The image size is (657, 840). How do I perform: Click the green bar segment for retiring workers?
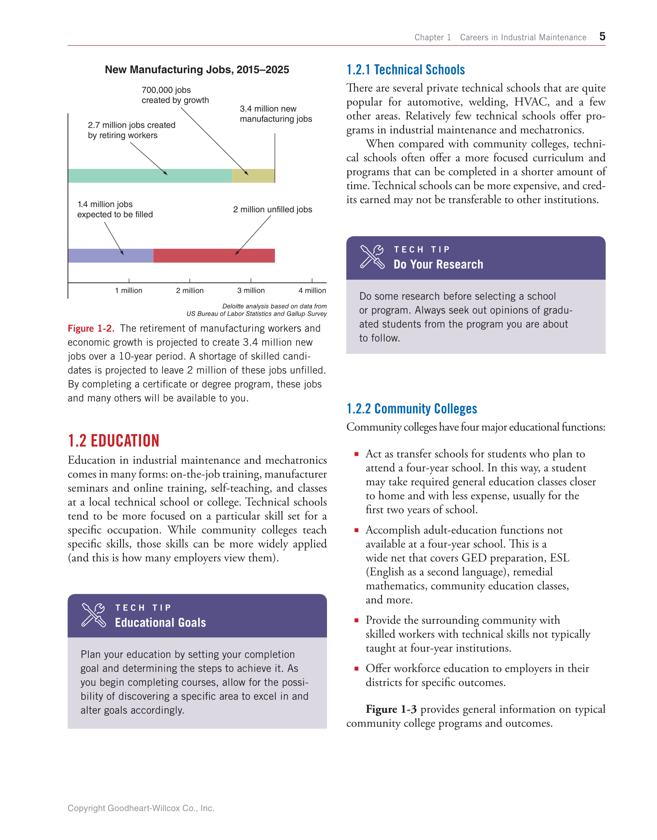click(150, 176)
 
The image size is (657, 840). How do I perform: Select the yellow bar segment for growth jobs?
click(253, 176)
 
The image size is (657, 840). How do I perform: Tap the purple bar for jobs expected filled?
click(110, 256)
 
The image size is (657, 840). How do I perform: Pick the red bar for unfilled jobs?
click(214, 256)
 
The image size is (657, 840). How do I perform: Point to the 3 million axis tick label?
click(251, 291)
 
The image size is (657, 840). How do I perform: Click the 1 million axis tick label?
click(129, 291)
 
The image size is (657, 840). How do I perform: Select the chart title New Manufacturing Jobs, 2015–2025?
click(197, 70)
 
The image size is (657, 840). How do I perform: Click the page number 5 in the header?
click(602, 36)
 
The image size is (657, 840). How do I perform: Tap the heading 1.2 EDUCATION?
click(113, 441)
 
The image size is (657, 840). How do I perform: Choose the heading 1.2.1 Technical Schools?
click(406, 70)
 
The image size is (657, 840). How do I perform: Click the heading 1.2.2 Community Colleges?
click(411, 409)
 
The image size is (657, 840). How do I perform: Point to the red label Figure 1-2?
click(91, 329)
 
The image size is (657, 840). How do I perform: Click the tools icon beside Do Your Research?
click(372, 256)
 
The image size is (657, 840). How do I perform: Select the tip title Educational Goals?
click(161, 623)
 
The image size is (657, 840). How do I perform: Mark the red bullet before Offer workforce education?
click(356, 669)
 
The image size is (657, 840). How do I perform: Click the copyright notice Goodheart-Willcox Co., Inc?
click(141, 808)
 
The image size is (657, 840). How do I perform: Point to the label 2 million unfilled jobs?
click(273, 210)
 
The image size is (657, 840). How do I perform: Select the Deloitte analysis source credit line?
click(257, 310)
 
